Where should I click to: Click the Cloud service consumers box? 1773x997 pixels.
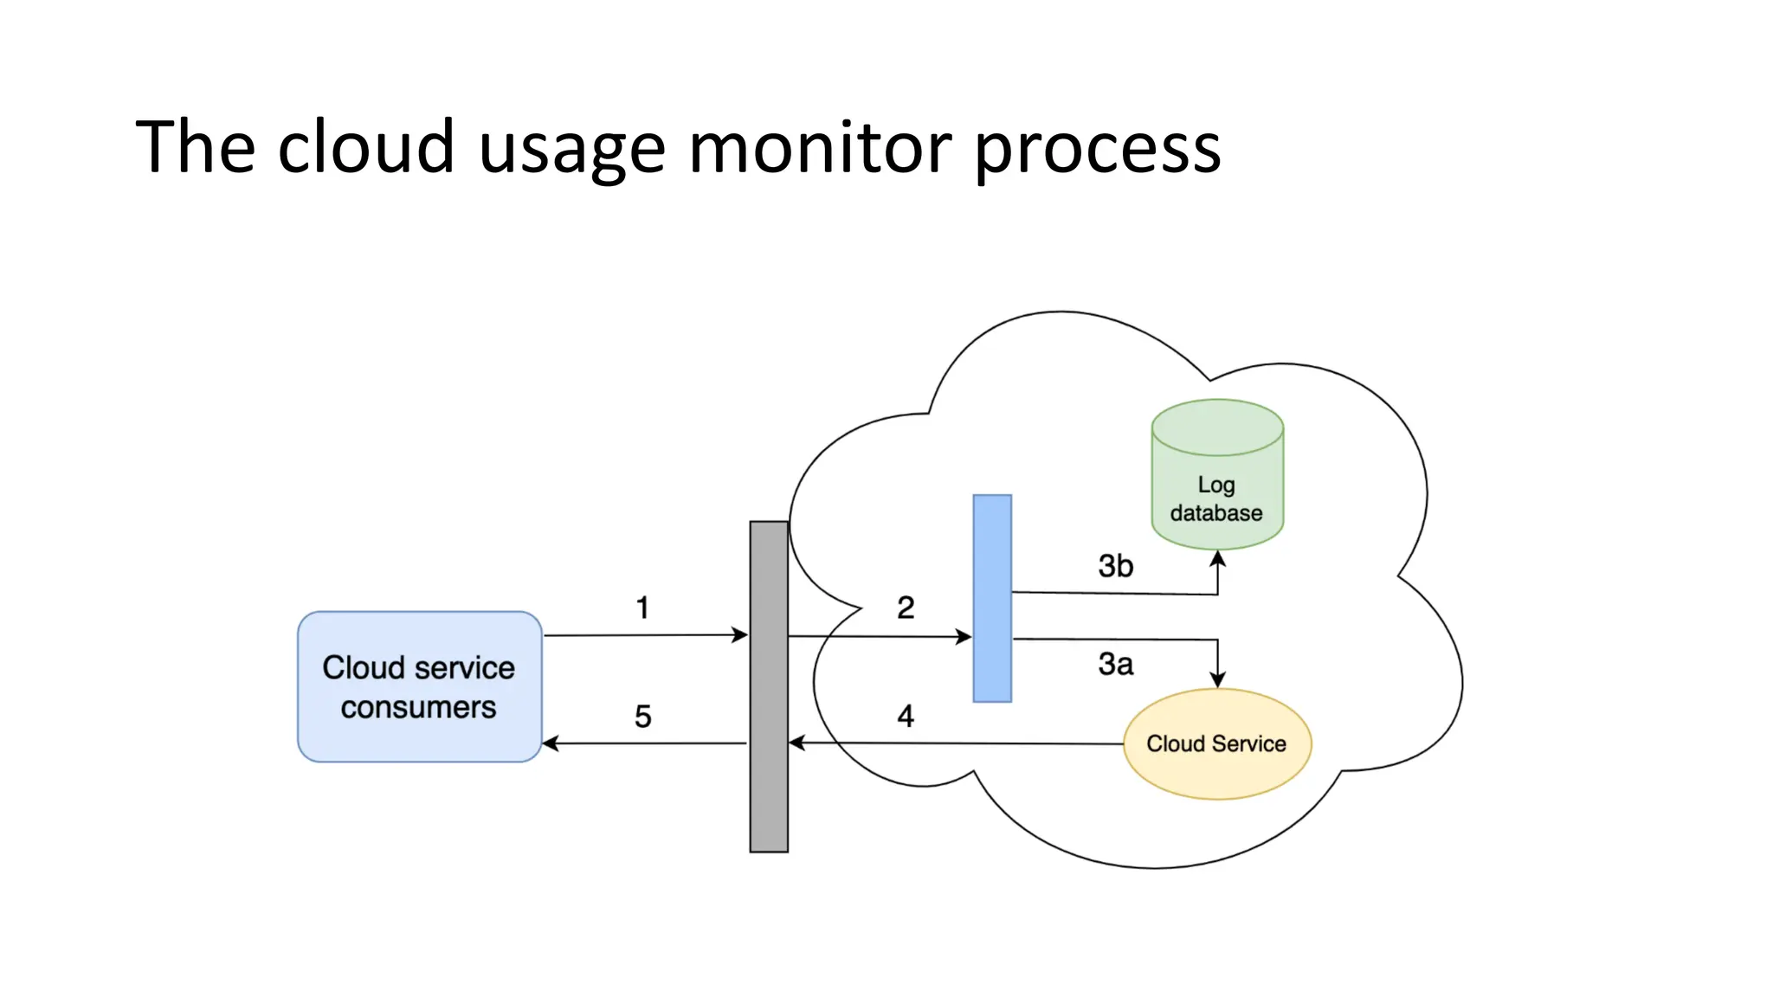pyautogui.click(x=419, y=686)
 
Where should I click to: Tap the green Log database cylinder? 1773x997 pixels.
pyautogui.click(x=1216, y=485)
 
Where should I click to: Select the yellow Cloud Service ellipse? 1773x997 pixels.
pyautogui.click(x=1216, y=743)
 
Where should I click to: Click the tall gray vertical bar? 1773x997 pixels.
pyautogui.click(x=769, y=686)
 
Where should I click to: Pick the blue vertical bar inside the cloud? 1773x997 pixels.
pyautogui.click(x=992, y=598)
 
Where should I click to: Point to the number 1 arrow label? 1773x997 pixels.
pyautogui.click(x=642, y=608)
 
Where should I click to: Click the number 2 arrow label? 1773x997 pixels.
pyautogui.click(x=906, y=608)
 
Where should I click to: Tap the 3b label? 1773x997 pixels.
pyautogui.click(x=1115, y=566)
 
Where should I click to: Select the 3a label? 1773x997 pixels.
pyautogui.click(x=1115, y=664)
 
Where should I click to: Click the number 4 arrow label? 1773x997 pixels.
pyautogui.click(x=906, y=716)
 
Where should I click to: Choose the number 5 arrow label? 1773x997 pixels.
pyautogui.click(x=642, y=717)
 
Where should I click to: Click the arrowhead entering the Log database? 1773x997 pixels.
pyautogui.click(x=1217, y=559)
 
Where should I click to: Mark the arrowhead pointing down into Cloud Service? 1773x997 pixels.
pyautogui.click(x=1217, y=679)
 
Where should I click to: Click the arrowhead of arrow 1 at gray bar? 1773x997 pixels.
pyautogui.click(x=739, y=635)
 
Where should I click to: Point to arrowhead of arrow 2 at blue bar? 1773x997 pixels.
pyautogui.click(x=963, y=637)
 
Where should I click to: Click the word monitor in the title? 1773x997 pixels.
pyautogui.click(x=820, y=147)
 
